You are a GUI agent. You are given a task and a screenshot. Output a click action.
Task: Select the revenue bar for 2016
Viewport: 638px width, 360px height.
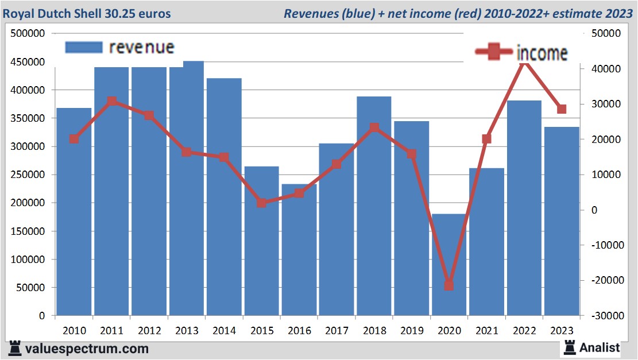[x=299, y=253]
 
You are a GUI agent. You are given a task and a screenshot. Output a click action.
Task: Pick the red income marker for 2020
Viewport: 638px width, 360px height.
[x=449, y=285]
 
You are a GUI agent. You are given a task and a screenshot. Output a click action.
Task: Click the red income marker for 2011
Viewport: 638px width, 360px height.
[x=112, y=102]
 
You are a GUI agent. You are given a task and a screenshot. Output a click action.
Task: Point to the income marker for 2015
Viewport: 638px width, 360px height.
[x=262, y=203]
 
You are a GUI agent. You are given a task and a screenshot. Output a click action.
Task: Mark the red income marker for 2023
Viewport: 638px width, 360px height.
[x=562, y=109]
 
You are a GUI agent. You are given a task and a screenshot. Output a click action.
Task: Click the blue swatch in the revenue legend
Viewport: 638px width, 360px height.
[x=84, y=47]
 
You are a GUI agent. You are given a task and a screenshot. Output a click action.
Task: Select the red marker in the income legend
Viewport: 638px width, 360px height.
[x=494, y=53]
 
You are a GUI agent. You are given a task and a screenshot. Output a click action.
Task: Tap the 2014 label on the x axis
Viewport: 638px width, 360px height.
[x=224, y=331]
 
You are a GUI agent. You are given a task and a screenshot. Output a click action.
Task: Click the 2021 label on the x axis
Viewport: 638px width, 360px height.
[x=486, y=331]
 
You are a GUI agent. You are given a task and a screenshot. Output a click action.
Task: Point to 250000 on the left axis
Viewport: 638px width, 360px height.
[x=28, y=175]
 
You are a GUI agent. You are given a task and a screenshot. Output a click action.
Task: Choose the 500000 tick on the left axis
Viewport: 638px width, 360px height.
[x=28, y=33]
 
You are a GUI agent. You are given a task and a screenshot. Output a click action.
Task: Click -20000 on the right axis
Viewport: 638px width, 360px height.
[x=601, y=280]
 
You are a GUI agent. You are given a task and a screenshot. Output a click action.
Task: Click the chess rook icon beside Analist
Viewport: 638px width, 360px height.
[x=570, y=347]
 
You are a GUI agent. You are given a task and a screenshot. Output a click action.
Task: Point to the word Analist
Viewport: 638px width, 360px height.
[x=600, y=347]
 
